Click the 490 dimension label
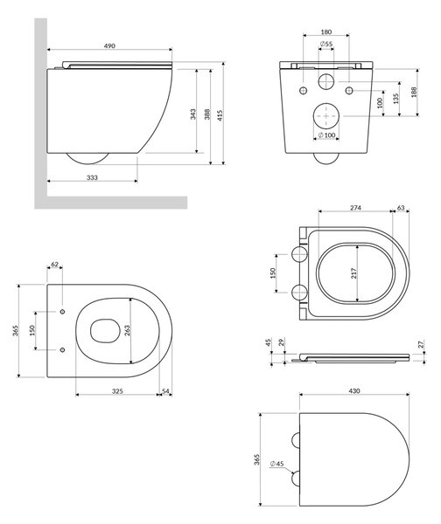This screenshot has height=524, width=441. click(109, 45)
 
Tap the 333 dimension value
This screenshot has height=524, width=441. click(92, 177)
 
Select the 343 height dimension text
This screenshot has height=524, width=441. click(192, 114)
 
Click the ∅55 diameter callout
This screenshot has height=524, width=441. click(325, 44)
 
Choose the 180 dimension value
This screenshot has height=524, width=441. click(325, 32)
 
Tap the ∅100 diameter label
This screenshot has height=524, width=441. click(326, 135)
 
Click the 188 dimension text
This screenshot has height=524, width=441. click(414, 92)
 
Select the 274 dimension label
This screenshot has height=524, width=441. click(355, 208)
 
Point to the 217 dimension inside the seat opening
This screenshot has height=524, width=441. click(354, 273)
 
